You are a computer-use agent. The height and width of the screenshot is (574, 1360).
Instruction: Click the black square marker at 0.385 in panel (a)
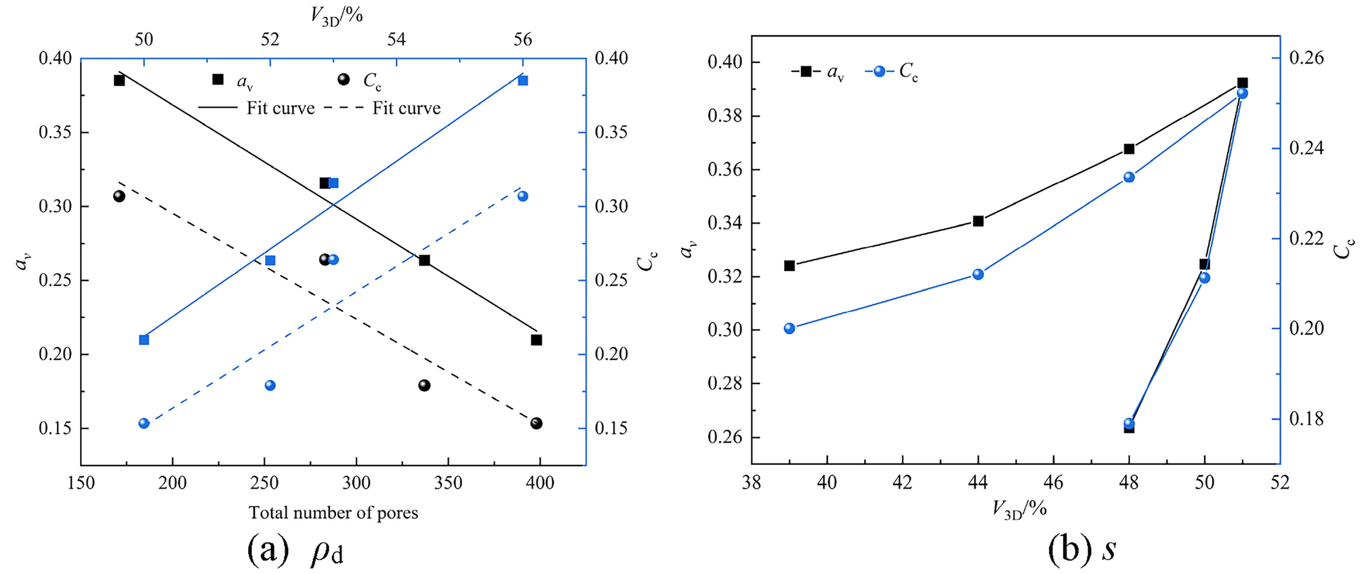coord(119,80)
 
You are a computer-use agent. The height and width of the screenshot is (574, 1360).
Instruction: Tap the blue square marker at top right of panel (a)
coord(522,80)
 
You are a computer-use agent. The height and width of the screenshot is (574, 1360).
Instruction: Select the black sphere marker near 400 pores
coord(536,423)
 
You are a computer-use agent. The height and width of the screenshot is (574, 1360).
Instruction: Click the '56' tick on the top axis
coord(522,39)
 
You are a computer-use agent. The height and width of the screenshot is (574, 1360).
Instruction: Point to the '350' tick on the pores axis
coord(448,483)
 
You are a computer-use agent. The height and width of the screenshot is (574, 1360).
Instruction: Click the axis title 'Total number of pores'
coord(333,512)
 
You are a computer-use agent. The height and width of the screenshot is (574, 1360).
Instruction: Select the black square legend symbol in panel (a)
coord(218,79)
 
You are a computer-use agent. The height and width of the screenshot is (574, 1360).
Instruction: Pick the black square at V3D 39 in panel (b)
coord(789,265)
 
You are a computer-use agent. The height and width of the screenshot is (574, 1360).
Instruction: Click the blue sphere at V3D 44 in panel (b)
coord(978,274)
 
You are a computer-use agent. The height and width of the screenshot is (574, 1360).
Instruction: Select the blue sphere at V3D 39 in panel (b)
coord(789,328)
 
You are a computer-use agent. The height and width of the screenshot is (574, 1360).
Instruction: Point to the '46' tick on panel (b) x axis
coord(1053,483)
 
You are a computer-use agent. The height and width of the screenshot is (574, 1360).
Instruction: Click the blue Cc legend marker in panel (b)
coord(880,71)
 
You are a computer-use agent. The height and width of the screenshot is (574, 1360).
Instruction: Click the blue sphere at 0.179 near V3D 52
coord(270,385)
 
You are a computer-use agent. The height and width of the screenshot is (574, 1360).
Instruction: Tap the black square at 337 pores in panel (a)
coord(424,260)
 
